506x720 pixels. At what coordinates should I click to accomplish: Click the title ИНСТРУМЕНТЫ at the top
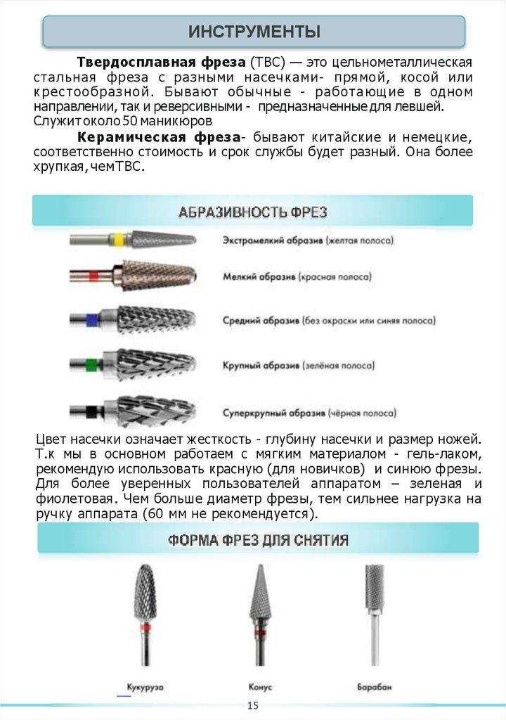coord(254,32)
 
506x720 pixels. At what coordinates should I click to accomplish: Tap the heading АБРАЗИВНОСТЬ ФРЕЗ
coord(252,211)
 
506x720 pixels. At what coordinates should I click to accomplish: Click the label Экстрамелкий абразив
coord(272,240)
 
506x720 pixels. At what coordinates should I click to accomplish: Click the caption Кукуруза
coord(145,686)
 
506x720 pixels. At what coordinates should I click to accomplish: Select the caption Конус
coord(260,686)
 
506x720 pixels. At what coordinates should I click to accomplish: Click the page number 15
coord(252,705)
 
